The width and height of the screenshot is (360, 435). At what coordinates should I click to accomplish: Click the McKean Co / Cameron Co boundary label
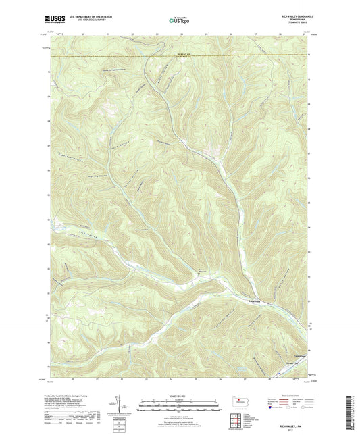181,57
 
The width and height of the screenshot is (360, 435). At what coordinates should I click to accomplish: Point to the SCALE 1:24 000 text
180,396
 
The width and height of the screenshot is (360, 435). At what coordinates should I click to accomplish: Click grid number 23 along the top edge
156,33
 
